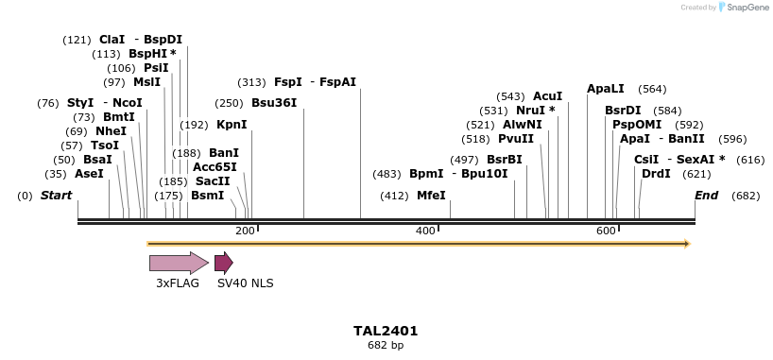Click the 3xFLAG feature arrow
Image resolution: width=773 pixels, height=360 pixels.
click(178, 263)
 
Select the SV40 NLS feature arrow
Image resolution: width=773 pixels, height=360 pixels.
click(223, 263)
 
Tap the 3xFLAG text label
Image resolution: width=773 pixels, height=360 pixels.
click(178, 282)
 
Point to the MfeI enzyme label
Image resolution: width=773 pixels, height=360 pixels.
click(431, 196)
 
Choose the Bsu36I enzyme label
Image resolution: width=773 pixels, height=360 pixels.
click(274, 103)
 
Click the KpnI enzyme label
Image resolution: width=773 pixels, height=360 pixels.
click(232, 124)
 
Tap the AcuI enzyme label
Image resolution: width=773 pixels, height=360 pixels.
click(547, 96)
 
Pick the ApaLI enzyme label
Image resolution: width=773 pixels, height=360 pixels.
click(606, 89)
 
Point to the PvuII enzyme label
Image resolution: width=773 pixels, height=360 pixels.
click(517, 139)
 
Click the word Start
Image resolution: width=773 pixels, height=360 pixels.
click(56, 196)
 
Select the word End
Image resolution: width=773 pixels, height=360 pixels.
click(706, 196)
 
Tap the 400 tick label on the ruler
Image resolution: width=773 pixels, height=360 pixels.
click(424, 231)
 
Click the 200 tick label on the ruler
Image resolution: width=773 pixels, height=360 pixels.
click(245, 231)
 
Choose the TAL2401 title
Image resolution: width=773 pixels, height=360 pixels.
click(386, 331)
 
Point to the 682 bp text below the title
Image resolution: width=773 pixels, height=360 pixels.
click(386, 345)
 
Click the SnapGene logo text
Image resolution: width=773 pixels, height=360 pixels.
click(747, 8)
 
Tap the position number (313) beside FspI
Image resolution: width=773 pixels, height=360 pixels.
click(252, 82)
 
